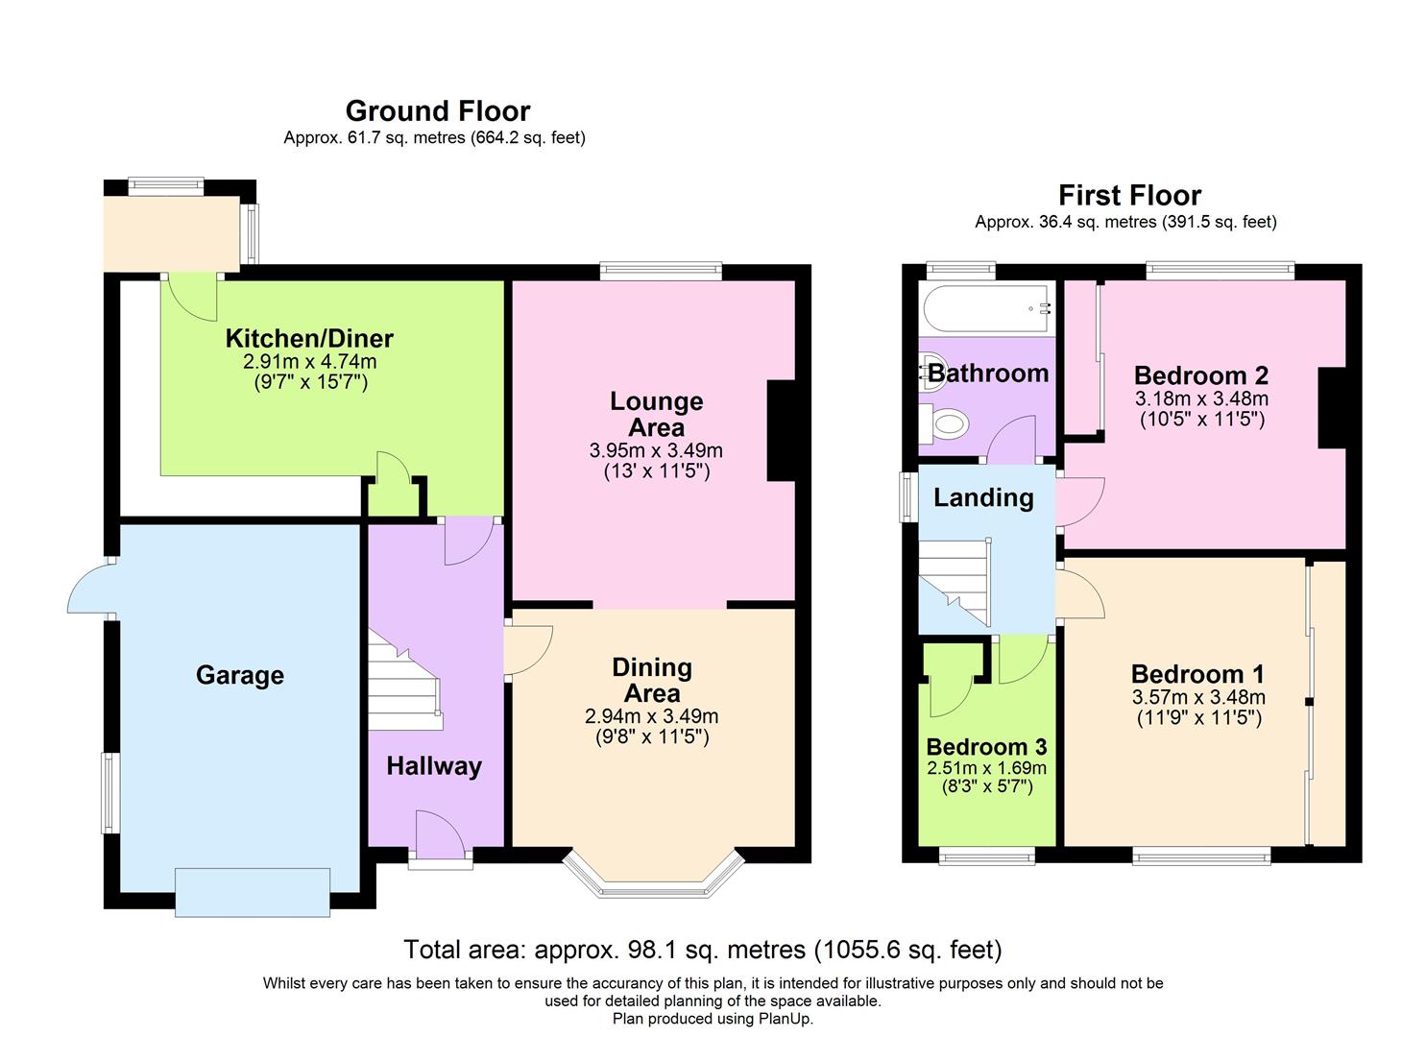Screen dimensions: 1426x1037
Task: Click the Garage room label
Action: coord(240,675)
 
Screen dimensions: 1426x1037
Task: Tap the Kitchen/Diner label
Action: coord(309,338)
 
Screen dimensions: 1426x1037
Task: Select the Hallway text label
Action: coord(434,766)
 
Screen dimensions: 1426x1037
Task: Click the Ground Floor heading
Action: coord(438,111)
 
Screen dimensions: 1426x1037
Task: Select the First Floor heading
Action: coord(1130,196)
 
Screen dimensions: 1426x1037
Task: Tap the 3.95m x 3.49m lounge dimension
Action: coord(656,450)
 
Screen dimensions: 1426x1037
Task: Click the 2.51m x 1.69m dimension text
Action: coord(987,768)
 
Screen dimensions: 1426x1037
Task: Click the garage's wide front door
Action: coord(253,893)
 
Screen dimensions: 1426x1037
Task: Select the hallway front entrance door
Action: coord(441,837)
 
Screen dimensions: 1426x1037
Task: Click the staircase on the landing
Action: coord(955,583)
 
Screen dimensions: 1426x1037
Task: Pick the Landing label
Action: coord(983,497)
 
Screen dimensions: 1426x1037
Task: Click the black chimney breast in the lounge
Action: coord(781,430)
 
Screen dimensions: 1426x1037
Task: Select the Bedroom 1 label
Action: coord(1197,674)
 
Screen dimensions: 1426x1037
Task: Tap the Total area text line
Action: coord(703,950)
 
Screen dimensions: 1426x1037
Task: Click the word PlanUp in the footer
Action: coord(786,1019)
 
